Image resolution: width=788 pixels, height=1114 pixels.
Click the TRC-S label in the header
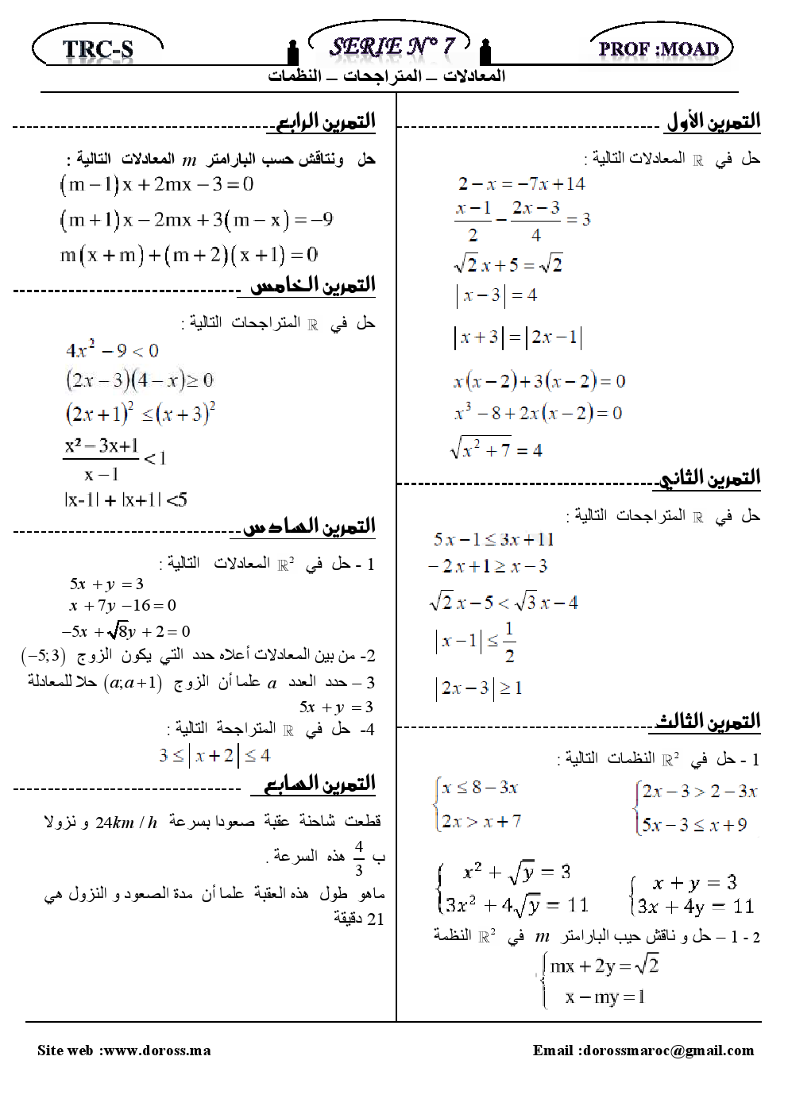(x=98, y=49)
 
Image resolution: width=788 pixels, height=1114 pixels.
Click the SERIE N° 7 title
(x=392, y=46)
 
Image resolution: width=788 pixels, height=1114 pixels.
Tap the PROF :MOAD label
(x=659, y=49)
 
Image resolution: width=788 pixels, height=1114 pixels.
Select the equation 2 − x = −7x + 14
(x=521, y=184)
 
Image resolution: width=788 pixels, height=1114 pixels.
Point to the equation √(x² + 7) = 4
(x=496, y=449)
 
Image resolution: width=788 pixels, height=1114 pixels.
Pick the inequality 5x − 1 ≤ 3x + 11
(x=493, y=540)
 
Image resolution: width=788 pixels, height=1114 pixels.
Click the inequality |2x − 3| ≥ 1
(x=478, y=688)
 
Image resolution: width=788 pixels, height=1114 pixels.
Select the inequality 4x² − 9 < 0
(x=112, y=350)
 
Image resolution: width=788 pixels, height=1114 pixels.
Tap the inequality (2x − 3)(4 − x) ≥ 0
(x=139, y=380)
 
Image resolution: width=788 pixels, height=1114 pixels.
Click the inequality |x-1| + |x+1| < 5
(x=126, y=500)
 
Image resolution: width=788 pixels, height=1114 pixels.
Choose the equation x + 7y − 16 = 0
(x=122, y=606)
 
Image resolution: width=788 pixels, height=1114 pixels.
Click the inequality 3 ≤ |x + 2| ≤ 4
(x=214, y=755)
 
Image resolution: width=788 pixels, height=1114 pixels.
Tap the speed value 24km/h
(x=126, y=822)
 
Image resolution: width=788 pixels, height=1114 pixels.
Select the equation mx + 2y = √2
(x=604, y=966)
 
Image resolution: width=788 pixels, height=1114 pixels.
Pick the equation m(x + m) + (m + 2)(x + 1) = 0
(x=189, y=255)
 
